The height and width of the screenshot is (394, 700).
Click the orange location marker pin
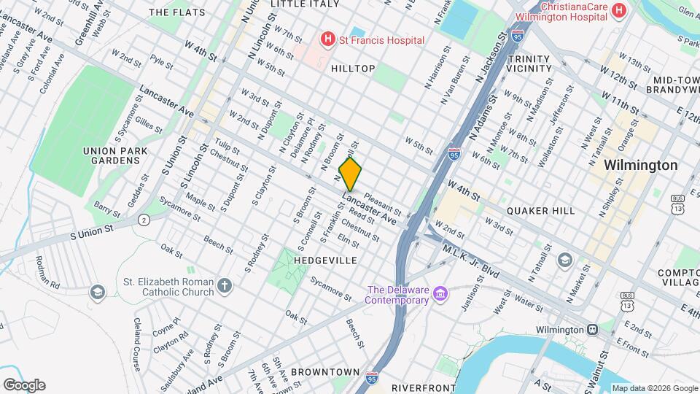(351, 174)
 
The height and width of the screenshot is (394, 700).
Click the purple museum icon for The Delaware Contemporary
(440, 294)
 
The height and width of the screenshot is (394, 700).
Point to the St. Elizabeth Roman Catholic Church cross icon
(225, 286)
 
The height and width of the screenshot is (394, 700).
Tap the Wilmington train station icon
(592, 329)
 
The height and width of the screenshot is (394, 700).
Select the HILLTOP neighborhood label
(353, 69)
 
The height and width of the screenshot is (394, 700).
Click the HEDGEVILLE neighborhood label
(326, 260)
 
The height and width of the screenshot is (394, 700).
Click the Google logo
(24, 385)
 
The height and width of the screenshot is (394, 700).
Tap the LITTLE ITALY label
(304, 4)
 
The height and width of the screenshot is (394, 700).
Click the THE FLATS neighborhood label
(176, 12)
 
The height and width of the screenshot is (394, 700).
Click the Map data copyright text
(653, 388)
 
